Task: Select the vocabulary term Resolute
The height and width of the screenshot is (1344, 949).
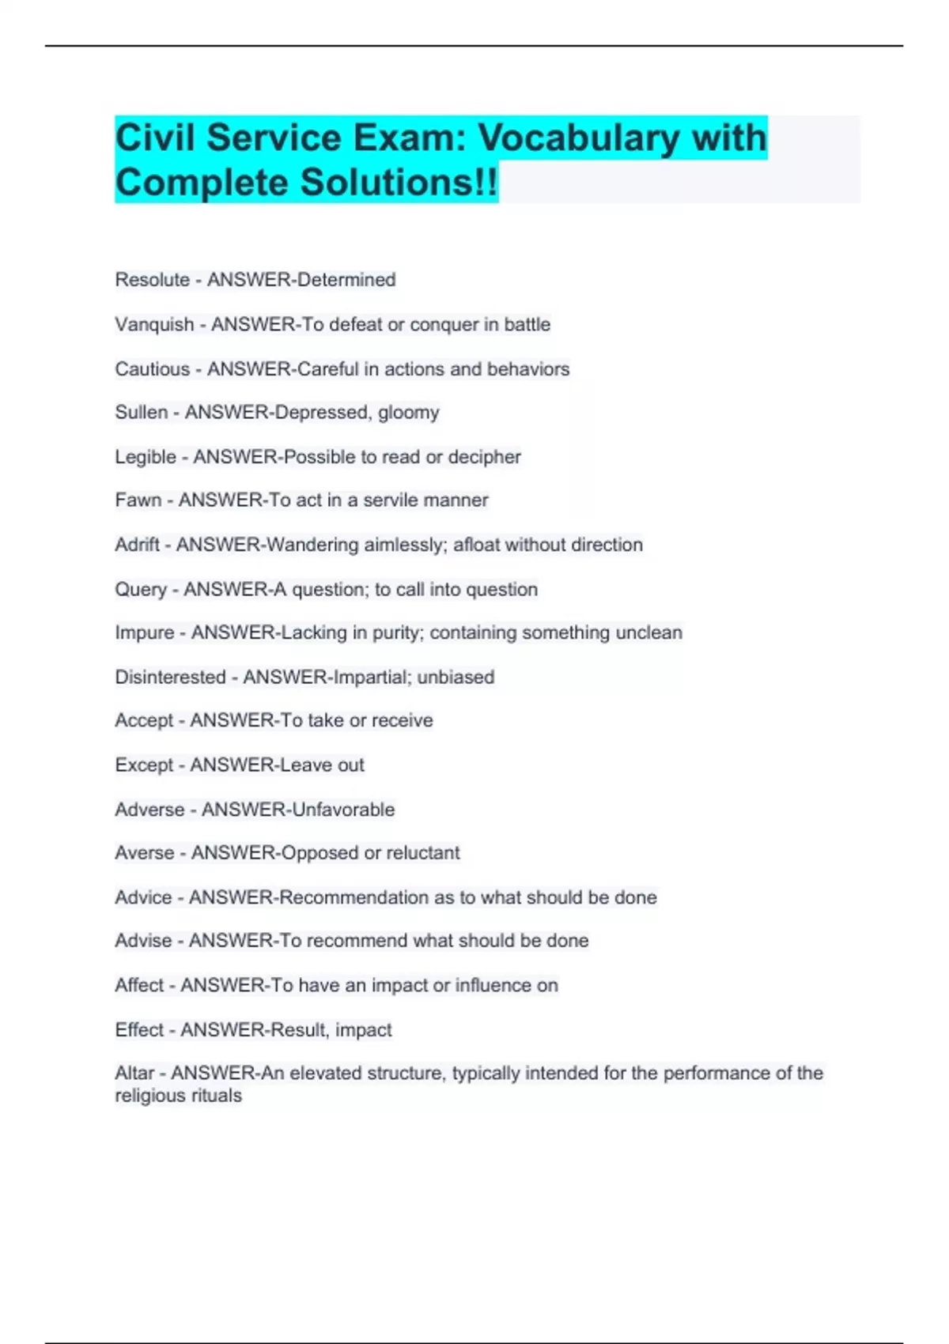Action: click(152, 280)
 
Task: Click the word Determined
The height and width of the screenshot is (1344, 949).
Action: click(346, 280)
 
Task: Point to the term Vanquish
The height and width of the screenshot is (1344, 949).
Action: click(154, 325)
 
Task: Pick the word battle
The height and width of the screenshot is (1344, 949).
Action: click(527, 325)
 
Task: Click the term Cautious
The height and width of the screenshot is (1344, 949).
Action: click(152, 369)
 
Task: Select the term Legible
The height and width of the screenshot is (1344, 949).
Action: click(146, 457)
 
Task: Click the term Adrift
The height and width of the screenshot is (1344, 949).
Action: click(138, 545)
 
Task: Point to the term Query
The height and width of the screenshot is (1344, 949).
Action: click(141, 590)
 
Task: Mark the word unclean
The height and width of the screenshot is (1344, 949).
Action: click(648, 633)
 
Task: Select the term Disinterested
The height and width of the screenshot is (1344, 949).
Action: click(170, 678)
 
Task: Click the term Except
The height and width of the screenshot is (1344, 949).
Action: click(144, 765)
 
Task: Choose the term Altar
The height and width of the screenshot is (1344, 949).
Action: click(134, 1074)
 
